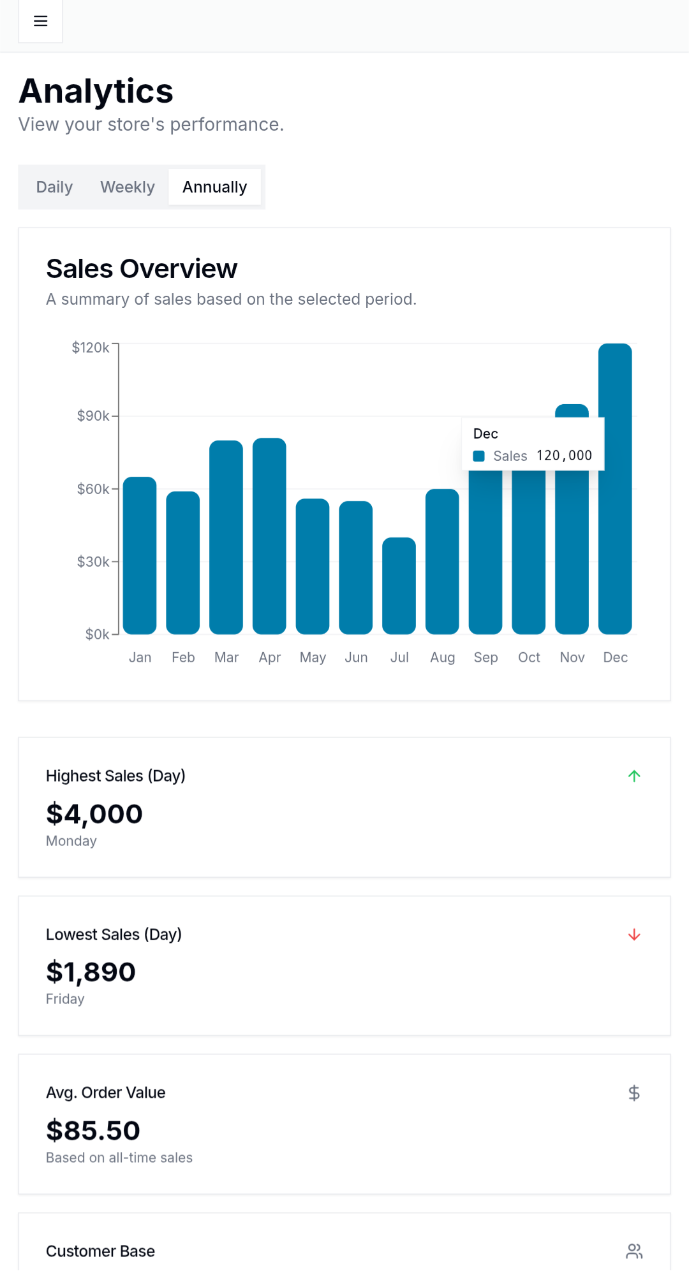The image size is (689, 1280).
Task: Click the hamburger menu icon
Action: coord(40,21)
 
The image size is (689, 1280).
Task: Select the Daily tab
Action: coord(54,187)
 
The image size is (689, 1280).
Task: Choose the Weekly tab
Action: coord(128,187)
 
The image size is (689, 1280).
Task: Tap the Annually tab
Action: coord(214,187)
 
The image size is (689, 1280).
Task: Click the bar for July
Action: coord(399,586)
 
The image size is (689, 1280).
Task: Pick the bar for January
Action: coord(140,555)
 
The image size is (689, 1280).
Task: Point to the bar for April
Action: coord(269,536)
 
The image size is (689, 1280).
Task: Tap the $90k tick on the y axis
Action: coord(93,416)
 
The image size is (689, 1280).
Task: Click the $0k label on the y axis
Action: coord(98,634)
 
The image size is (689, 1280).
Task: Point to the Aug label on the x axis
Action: coord(442,657)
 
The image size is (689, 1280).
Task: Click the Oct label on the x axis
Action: coord(529,657)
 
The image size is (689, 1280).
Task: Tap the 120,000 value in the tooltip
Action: coord(564,456)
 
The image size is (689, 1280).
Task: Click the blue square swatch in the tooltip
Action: coord(478,456)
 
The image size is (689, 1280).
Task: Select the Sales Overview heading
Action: coord(142,269)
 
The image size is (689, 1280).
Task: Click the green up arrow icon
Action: coord(634,776)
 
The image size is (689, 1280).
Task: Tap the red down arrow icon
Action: coord(634,935)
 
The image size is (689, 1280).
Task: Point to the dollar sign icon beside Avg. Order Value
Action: coord(634,1093)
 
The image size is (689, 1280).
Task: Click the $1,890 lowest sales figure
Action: coord(91,972)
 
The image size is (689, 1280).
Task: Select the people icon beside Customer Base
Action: coord(634,1251)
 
